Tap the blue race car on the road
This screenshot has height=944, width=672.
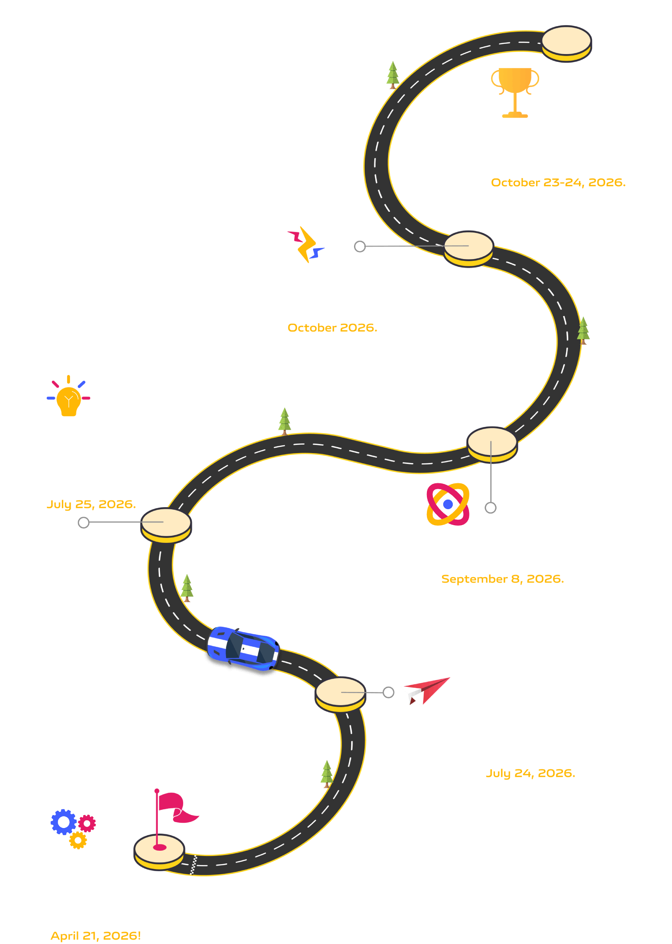pyautogui.click(x=243, y=648)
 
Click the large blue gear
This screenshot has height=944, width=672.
pyautogui.click(x=63, y=822)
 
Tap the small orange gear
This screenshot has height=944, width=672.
pyautogui.click(x=78, y=840)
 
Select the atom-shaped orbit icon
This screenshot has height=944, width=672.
pyautogui.click(x=448, y=504)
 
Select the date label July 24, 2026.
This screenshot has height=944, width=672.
pyautogui.click(x=531, y=773)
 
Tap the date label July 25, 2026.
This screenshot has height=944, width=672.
pyautogui.click(x=91, y=504)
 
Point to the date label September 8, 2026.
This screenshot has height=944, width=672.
pyautogui.click(x=502, y=579)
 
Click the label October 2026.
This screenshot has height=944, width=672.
pyautogui.click(x=332, y=328)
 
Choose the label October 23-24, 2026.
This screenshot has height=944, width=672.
pyautogui.click(x=558, y=182)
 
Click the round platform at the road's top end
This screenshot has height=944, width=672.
pyautogui.click(x=567, y=43)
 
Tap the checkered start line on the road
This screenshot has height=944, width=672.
pyautogui.click(x=193, y=865)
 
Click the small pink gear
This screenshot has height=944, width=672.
pyautogui.click(x=87, y=823)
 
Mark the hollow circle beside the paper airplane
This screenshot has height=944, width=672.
pyautogui.click(x=388, y=692)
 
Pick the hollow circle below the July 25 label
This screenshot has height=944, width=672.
pyautogui.click(x=83, y=523)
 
